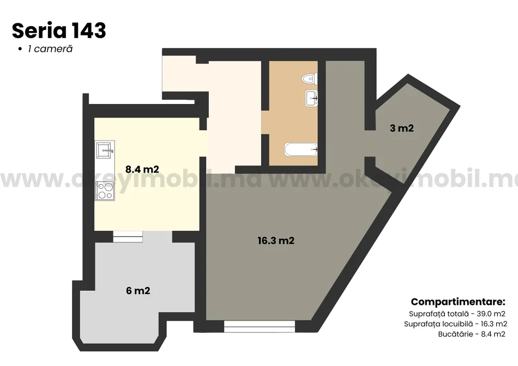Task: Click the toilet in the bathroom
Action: coord(310,79)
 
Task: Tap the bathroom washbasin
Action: coord(311,98)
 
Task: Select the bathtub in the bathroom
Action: coord(301,149)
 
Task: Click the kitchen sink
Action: coord(105,150)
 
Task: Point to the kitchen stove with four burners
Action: coord(105,191)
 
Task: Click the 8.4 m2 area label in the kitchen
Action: coord(142,169)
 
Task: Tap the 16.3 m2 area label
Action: coord(276,241)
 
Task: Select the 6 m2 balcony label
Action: coord(138,291)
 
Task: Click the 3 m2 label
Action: coord(402,128)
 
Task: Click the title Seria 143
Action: coord(59,30)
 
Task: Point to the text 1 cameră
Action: coord(50,49)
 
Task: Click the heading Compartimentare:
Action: coord(458,302)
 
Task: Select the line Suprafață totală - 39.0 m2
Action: coord(457,314)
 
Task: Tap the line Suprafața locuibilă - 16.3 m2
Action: coord(455,324)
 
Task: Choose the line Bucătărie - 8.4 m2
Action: coord(472,334)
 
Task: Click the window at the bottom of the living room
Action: coord(260,326)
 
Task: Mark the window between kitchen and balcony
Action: coord(128,236)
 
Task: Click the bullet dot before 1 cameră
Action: coord(20,49)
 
